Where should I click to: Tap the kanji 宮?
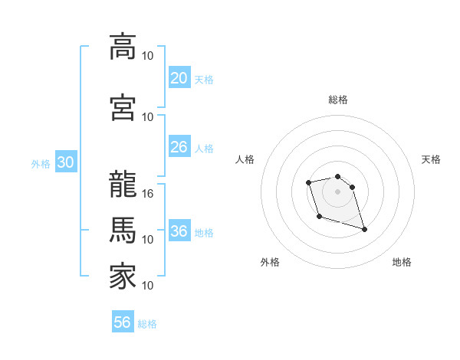[123, 107]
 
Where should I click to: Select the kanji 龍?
[123, 184]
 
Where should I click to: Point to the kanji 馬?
[123, 230]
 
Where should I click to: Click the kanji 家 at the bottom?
[123, 277]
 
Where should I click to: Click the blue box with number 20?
[179, 78]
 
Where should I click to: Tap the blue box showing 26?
[179, 147]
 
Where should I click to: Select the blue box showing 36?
[179, 231]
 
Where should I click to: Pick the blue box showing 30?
[65, 163]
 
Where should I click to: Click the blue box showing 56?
[122, 322]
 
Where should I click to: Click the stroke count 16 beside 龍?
[149, 193]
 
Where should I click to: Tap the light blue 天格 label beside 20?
[204, 79]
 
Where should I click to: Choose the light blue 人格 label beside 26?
[204, 148]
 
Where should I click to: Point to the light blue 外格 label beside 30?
[40, 164]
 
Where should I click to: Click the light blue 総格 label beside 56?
[147, 323]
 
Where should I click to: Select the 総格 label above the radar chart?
[337, 100]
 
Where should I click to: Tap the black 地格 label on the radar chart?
[402, 262]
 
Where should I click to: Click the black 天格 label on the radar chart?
[431, 159]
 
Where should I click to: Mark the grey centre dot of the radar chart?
[337, 191]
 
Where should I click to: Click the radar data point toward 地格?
[364, 229]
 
